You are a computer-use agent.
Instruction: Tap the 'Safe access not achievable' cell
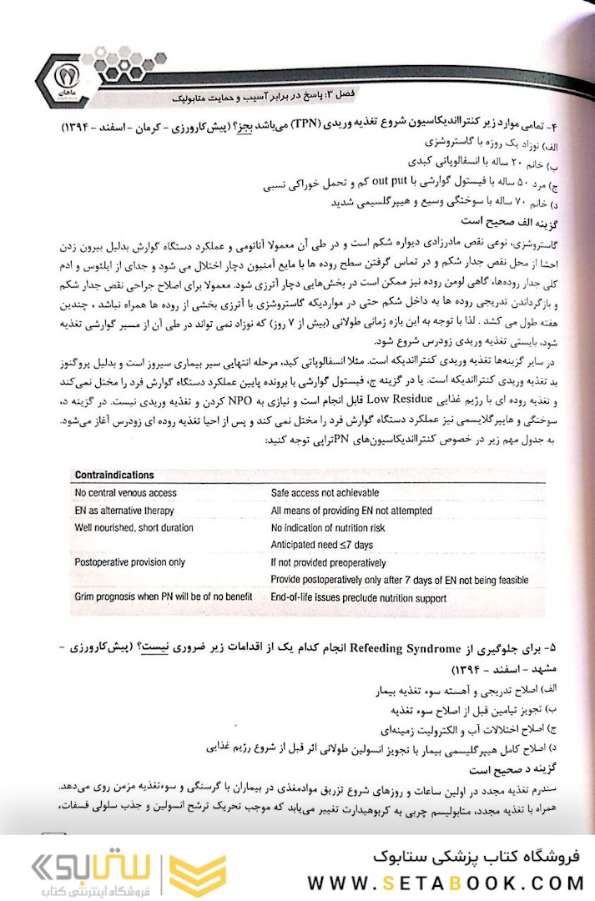(x=325, y=492)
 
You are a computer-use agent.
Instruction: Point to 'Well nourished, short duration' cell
(x=134, y=527)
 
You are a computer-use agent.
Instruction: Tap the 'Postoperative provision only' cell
(x=129, y=562)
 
